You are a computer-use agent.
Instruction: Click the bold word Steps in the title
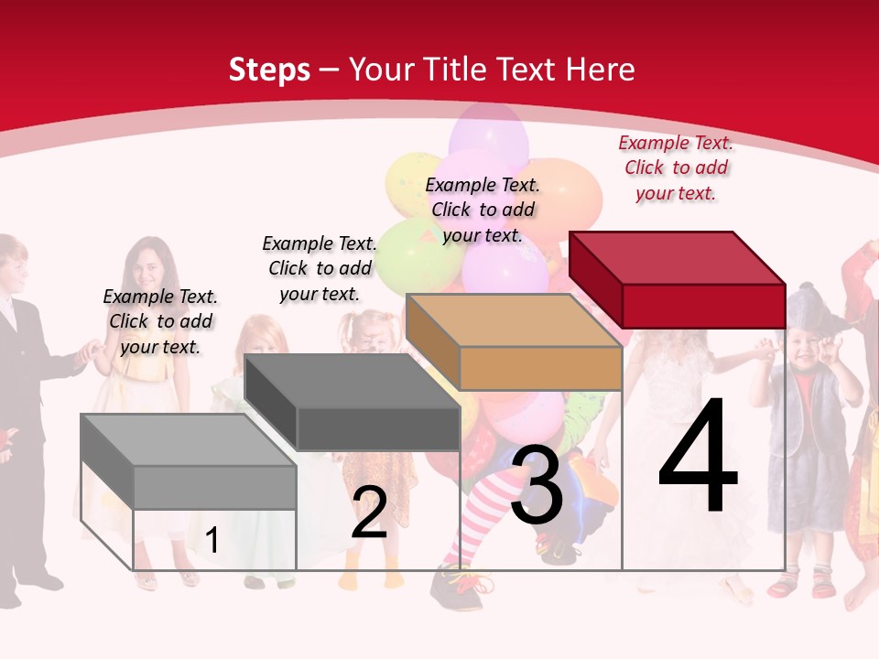click(x=269, y=70)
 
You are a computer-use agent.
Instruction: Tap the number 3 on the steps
click(x=537, y=486)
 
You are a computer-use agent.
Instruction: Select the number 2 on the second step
click(x=369, y=513)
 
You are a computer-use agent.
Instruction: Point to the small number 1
click(x=212, y=541)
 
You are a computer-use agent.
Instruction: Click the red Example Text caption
click(x=676, y=167)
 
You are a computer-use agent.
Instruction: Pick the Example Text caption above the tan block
click(x=483, y=210)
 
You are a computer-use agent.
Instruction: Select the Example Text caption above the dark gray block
click(x=320, y=268)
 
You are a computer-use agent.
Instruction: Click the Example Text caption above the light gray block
click(x=160, y=321)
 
